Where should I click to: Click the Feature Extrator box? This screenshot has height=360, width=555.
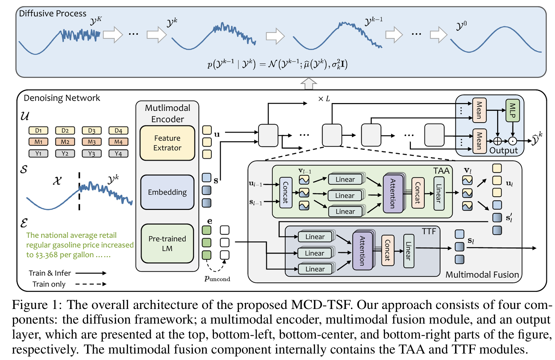[167, 143]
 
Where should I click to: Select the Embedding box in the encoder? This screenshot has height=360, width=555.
[167, 192]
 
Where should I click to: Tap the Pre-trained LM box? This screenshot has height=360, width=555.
[167, 243]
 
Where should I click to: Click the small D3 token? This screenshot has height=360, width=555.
[92, 131]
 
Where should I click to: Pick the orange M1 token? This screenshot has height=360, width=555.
[38, 142]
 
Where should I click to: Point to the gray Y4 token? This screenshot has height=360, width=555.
[118, 153]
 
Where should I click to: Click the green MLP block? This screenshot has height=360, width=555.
[512, 110]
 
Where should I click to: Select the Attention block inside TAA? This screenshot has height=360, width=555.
[393, 193]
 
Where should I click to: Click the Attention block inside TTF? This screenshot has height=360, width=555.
[362, 251]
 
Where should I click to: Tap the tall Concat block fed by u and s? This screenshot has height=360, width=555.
[286, 193]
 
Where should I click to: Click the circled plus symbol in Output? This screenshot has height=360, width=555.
[498, 141]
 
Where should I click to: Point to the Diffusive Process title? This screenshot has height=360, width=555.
[53, 14]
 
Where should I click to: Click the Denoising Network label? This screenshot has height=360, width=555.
[62, 98]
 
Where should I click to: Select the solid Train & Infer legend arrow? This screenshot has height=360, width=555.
[91, 273]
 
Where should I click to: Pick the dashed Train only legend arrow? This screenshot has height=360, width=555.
[91, 284]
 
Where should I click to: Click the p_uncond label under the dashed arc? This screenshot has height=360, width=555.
[217, 279]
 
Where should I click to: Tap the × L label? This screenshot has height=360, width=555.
[324, 99]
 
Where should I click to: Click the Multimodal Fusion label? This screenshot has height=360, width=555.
[482, 275]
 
